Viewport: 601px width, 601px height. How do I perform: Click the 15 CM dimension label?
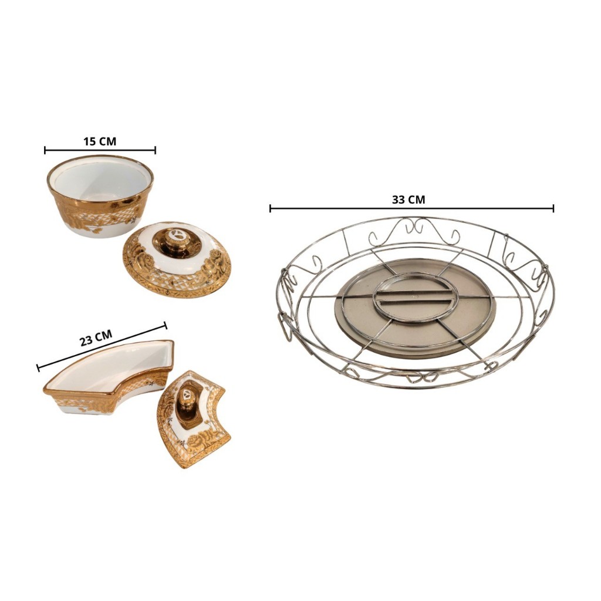(x=100, y=141)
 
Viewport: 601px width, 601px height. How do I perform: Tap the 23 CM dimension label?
(x=96, y=338)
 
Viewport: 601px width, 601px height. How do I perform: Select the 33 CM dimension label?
(x=408, y=200)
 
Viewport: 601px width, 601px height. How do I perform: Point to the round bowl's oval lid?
(x=177, y=259)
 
